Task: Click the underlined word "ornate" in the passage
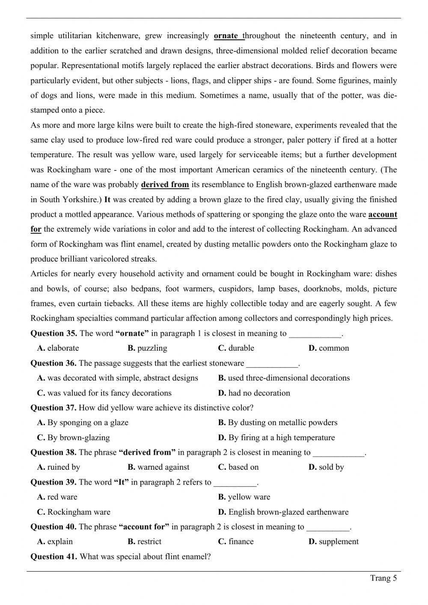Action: [x=226, y=36]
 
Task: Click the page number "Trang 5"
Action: [x=383, y=578]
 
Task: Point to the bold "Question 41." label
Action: [x=53, y=557]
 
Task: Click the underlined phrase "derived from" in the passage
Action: [x=165, y=185]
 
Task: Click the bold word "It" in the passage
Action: [x=107, y=200]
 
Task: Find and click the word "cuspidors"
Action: [x=238, y=289]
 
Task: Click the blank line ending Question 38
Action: [x=339, y=453]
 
